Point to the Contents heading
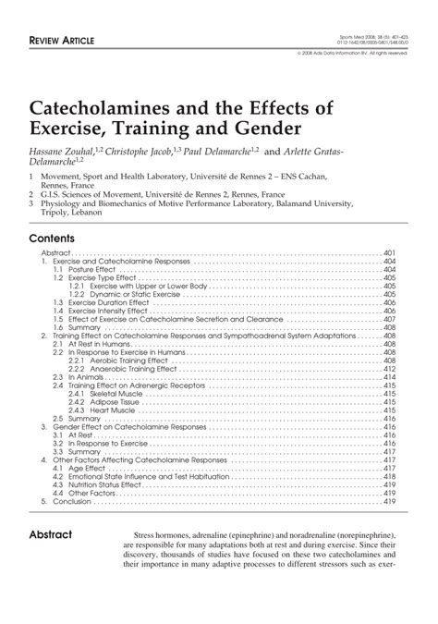(x=54, y=237)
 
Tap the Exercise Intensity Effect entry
(x=101, y=310)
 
